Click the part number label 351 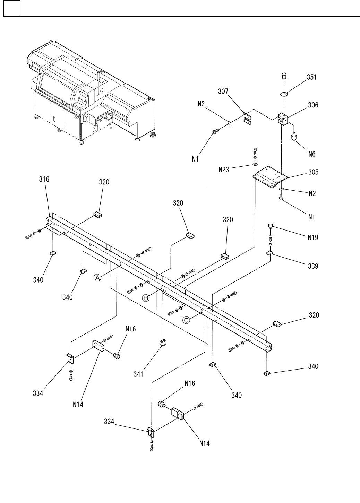coord(311,77)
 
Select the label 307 coord(223,92)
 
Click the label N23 coord(224,170)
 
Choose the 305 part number coord(314,172)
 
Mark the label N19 coord(312,238)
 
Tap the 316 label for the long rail coord(44,179)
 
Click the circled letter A coord(98,277)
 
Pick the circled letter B coord(146,298)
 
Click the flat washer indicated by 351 coord(284,94)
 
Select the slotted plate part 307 coord(247,119)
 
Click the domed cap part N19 coord(271,227)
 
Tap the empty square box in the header coord(12,8)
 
